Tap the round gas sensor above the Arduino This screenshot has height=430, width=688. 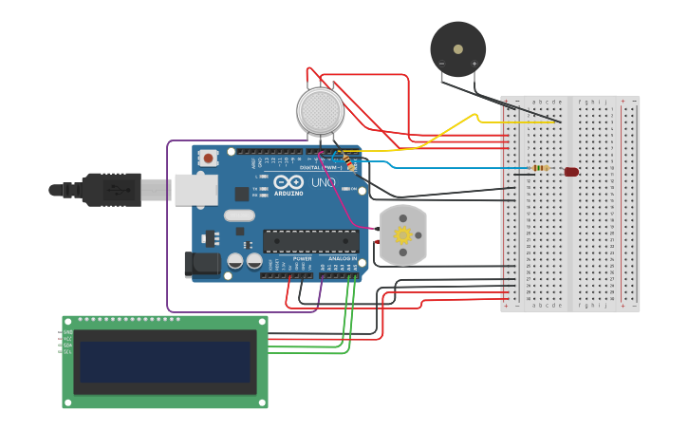[x=321, y=111]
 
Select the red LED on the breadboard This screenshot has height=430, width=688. [x=571, y=172]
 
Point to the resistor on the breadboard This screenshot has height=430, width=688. [x=540, y=169]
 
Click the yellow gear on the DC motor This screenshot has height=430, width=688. [x=402, y=234]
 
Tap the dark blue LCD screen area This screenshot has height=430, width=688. [x=165, y=362]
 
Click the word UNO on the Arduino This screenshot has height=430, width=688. [x=324, y=182]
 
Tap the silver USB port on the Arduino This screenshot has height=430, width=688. [x=195, y=190]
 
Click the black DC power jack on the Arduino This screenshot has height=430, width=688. [x=202, y=263]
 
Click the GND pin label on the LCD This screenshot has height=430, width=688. [x=67, y=332]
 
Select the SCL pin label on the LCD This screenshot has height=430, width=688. [x=67, y=352]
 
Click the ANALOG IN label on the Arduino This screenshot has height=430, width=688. [x=343, y=258]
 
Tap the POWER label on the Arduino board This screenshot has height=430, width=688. [x=302, y=258]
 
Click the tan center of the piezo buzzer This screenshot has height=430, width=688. [x=458, y=48]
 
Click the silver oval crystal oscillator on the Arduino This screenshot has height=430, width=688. [x=240, y=215]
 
